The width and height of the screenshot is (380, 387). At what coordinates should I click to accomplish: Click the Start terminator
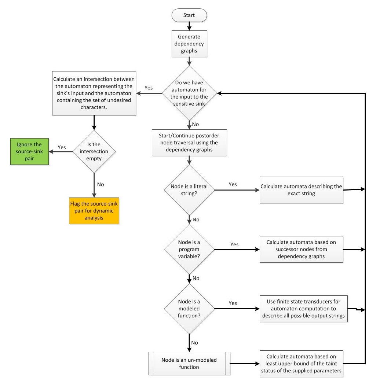[190, 16]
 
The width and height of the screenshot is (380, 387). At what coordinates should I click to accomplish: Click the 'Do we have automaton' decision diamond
[190, 93]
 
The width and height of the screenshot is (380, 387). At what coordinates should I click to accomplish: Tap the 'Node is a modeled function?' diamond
[190, 309]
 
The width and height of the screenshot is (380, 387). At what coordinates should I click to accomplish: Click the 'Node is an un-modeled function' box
[190, 364]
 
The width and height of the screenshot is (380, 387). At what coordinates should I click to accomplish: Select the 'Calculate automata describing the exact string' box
[302, 190]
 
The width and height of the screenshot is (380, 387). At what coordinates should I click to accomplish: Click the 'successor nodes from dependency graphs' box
[302, 250]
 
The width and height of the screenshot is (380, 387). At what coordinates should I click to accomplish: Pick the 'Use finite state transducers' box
[302, 309]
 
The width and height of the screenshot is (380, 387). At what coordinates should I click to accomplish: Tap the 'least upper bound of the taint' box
[302, 364]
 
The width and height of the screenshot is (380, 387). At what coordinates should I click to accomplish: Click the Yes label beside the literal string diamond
[233, 184]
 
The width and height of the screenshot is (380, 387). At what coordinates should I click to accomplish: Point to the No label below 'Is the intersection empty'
[100, 184]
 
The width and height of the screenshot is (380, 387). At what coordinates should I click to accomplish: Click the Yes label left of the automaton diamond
[149, 88]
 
